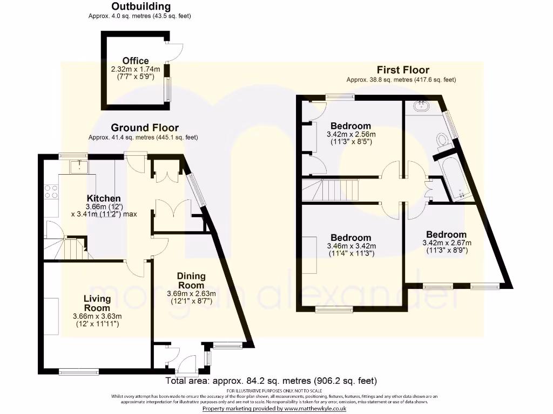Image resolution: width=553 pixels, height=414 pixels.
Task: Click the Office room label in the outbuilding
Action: (136, 61)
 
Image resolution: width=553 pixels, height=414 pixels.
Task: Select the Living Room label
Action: (97, 303)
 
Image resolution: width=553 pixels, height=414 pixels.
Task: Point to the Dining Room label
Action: (191, 281)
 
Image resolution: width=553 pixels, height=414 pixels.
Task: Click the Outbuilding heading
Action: (141, 7)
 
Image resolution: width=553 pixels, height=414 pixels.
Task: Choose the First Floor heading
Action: (403, 70)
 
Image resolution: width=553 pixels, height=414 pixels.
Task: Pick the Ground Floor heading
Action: (145, 128)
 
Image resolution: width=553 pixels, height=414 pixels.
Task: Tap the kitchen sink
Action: (79, 167)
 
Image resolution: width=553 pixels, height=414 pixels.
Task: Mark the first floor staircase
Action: (330, 189)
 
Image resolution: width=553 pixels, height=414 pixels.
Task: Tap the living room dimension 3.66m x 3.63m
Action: (97, 316)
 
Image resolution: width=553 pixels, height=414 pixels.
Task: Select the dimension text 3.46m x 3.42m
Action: (351, 246)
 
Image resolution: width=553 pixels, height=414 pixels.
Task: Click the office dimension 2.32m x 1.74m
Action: (136, 70)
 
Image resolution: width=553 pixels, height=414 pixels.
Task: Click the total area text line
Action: (271, 381)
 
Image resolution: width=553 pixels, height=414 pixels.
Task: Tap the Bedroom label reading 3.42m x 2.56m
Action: (351, 126)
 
